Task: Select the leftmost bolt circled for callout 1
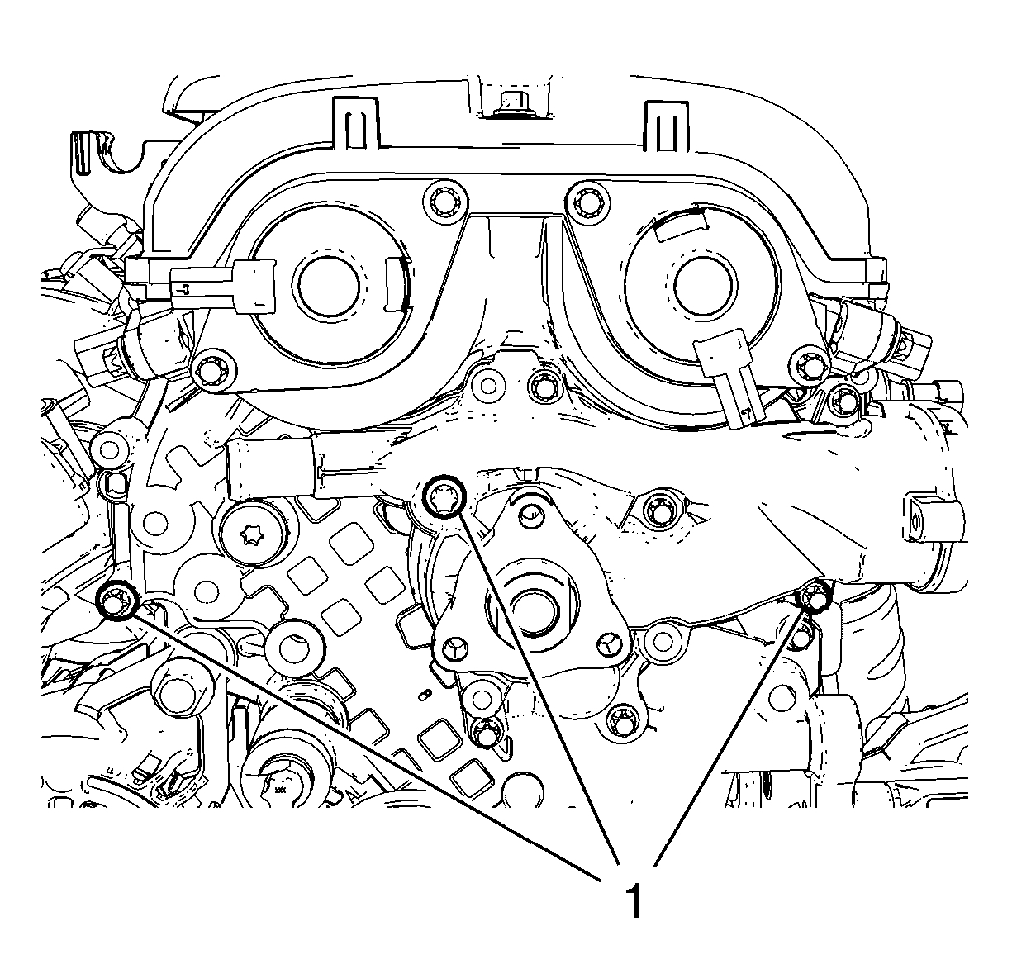pos(117,599)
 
